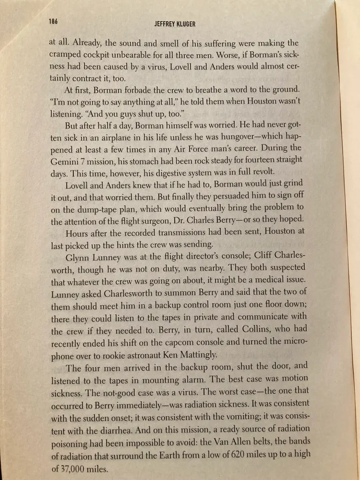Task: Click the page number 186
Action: [53, 21]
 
